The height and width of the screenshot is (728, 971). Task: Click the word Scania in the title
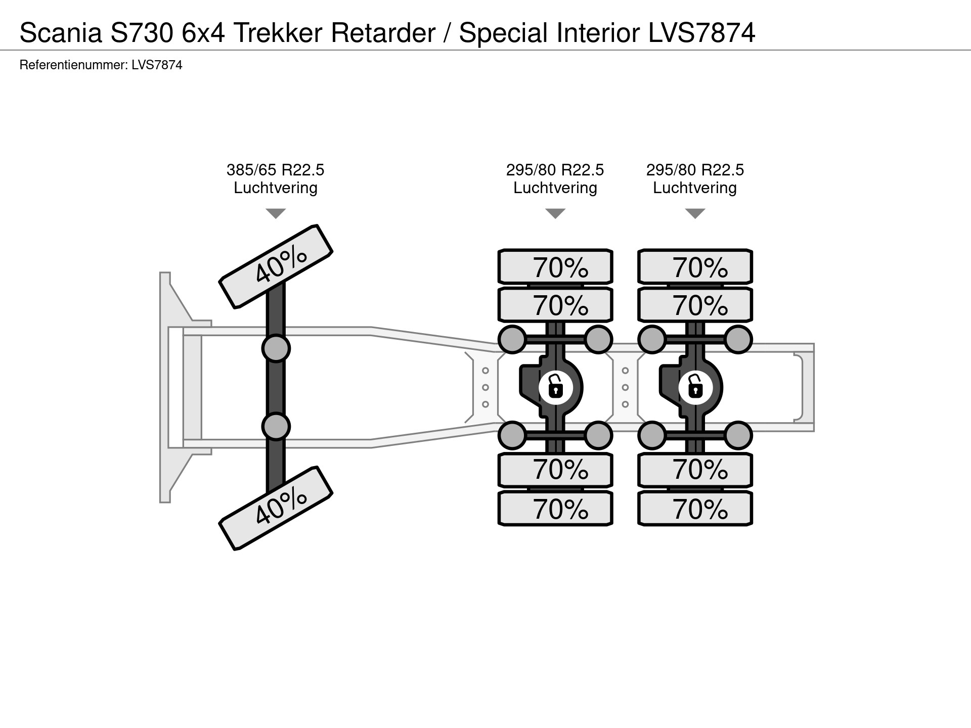click(x=60, y=33)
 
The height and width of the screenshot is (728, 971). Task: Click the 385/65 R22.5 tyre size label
click(x=275, y=170)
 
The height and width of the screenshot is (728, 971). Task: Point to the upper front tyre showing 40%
click(x=276, y=266)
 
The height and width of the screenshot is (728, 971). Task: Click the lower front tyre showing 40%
click(x=276, y=508)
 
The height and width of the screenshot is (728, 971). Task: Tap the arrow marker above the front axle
click(x=276, y=213)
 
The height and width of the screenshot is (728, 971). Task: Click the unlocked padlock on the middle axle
click(x=555, y=388)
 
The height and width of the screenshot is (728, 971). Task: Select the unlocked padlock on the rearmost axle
click(x=695, y=388)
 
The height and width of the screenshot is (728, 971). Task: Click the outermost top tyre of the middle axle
click(x=555, y=266)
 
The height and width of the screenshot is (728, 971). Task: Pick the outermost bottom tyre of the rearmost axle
click(x=695, y=509)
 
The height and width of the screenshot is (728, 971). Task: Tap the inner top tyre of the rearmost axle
click(x=695, y=305)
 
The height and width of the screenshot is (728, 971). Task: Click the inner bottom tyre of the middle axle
click(x=555, y=470)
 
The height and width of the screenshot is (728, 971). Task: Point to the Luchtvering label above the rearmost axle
click(x=694, y=188)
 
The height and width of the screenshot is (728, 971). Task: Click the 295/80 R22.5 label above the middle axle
click(x=555, y=170)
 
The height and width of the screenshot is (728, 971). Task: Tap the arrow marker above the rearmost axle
click(x=695, y=213)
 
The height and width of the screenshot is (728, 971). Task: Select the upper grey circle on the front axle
click(x=276, y=348)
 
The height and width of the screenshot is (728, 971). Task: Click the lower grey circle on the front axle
click(x=276, y=427)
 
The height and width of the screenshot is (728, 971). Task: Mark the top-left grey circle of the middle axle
click(x=512, y=339)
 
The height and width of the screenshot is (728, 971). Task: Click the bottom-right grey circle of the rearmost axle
click(x=738, y=435)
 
